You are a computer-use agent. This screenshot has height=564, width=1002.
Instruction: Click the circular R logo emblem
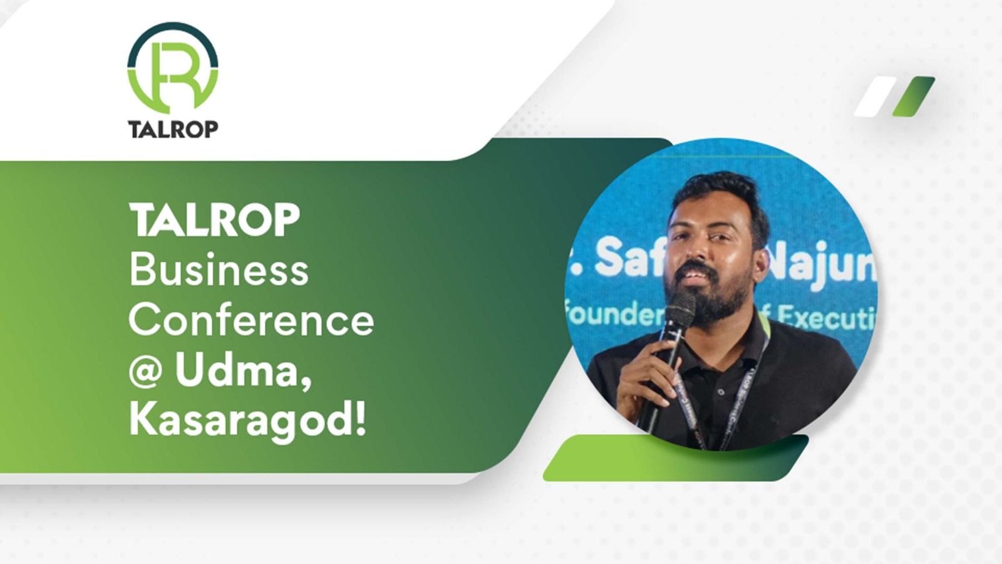click(173, 68)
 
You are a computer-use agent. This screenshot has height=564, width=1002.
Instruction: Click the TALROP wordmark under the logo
click(173, 128)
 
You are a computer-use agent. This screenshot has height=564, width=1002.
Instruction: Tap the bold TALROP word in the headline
click(214, 220)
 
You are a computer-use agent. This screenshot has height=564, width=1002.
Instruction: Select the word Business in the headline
click(219, 270)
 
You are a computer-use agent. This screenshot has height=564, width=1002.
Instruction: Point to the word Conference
click(251, 320)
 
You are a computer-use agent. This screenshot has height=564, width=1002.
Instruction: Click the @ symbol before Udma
click(146, 372)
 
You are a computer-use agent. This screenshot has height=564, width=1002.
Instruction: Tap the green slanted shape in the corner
click(914, 97)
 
